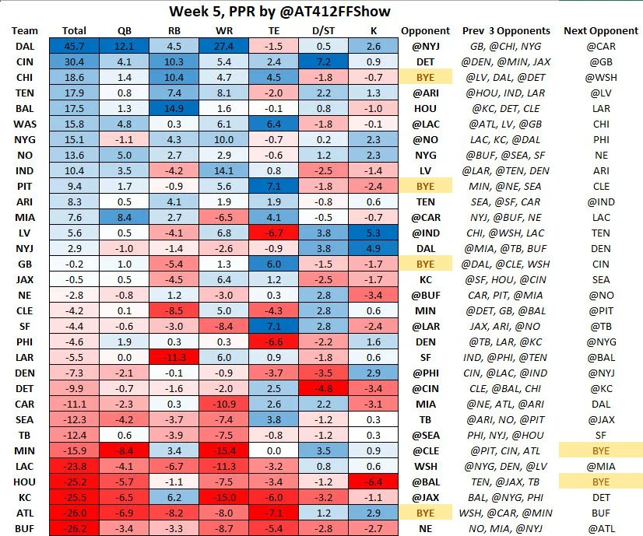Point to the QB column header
(x=125, y=30)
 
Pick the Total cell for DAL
(x=74, y=46)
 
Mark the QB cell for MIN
(x=125, y=452)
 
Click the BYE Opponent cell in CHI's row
(x=425, y=77)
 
